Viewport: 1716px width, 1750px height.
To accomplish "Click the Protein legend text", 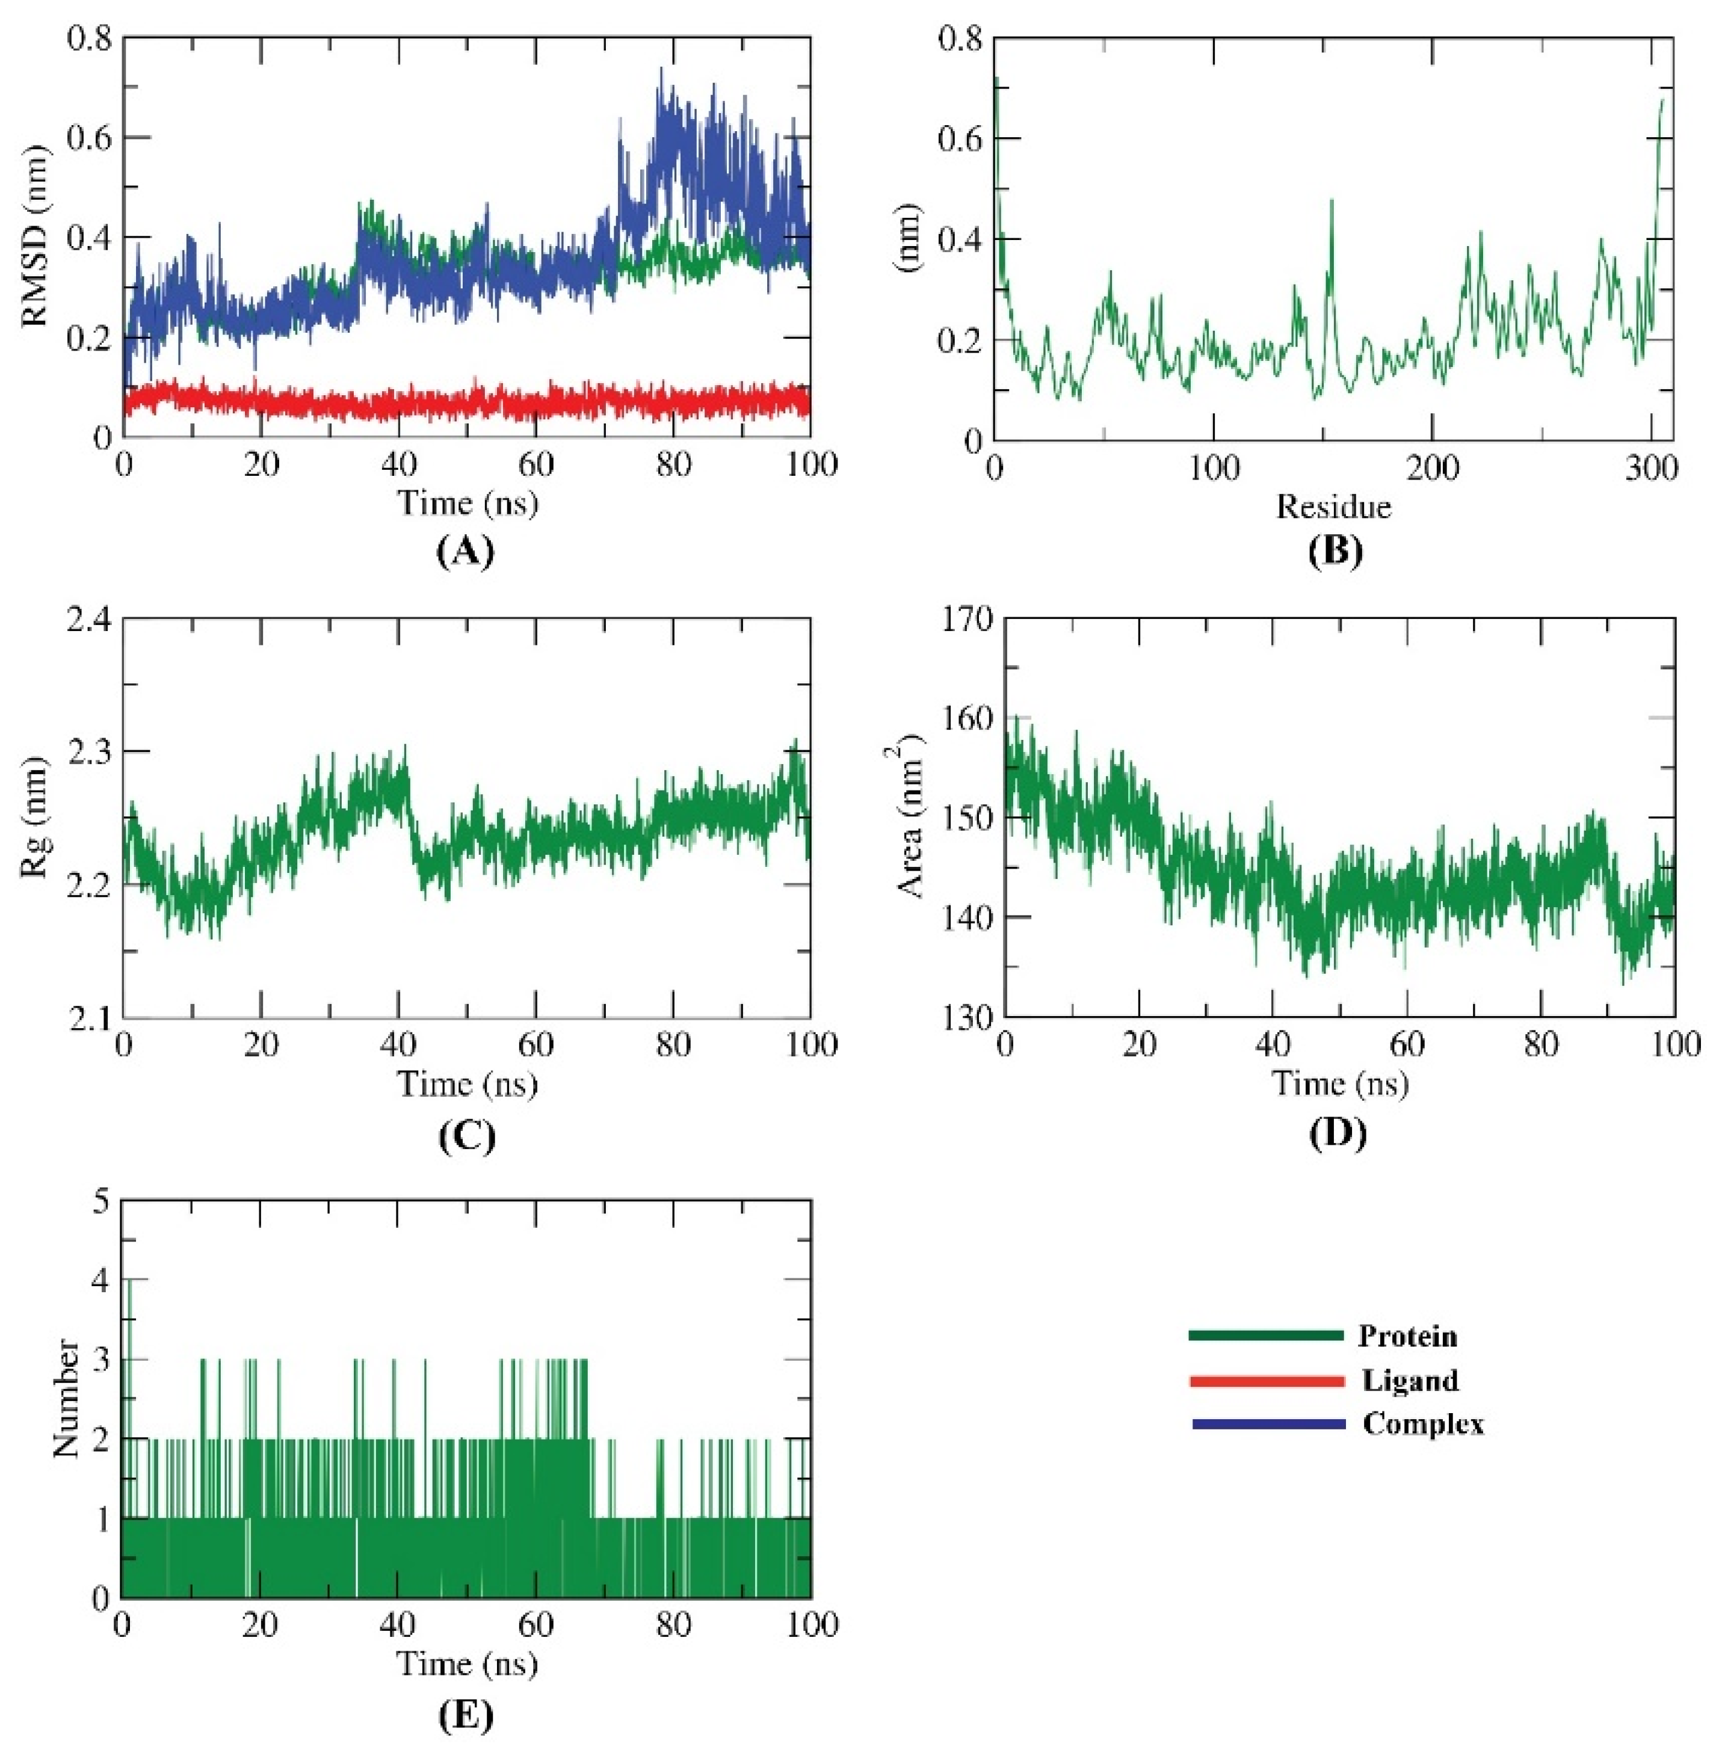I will pos(1407,1336).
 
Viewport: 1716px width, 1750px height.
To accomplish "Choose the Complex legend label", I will pos(1422,1424).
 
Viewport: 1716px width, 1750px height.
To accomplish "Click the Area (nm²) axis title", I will pos(912,818).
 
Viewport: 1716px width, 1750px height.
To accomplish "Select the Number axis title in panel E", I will pos(65,1399).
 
